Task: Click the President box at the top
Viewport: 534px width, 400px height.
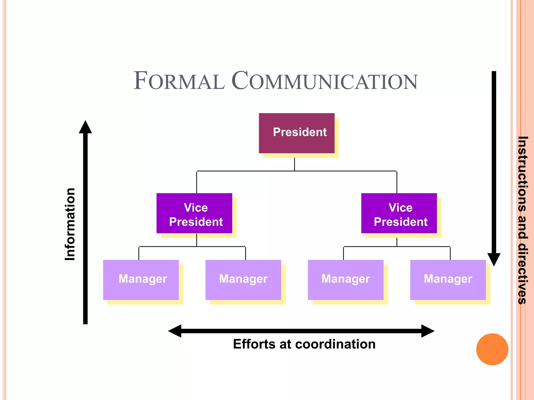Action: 296,133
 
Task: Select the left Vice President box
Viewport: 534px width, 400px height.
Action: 194,213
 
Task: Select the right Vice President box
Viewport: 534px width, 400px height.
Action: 399,213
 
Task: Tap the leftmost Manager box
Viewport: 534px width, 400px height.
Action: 141,280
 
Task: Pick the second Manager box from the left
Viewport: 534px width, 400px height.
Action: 243,280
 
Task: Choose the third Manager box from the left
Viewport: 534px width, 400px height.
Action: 345,280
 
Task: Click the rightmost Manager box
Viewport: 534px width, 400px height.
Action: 448,280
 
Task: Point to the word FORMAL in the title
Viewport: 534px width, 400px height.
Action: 179,81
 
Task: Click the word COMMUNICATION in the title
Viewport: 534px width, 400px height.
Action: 325,81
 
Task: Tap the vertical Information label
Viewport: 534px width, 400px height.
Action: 70,224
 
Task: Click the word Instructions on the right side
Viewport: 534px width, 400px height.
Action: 523,174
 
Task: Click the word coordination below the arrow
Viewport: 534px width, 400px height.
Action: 335,344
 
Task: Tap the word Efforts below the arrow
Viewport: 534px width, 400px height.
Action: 255,344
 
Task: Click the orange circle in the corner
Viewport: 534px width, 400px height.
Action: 492,349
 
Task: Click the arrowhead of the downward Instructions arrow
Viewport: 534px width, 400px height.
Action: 494,259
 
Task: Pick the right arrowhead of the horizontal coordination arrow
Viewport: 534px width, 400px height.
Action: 427,331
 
